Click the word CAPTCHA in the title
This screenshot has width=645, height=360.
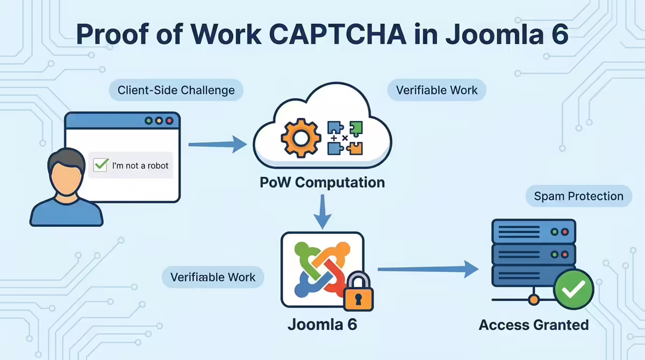pyautogui.click(x=338, y=34)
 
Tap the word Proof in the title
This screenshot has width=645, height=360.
pyautogui.click(x=112, y=34)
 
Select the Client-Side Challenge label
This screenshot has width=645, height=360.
pyautogui.click(x=176, y=90)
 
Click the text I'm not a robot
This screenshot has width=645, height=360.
pyautogui.click(x=140, y=165)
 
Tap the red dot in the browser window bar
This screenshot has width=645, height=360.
pyautogui.click(x=170, y=121)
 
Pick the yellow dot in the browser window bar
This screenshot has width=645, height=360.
pyautogui.click(x=159, y=121)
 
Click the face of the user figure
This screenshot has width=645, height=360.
pyautogui.click(x=66, y=178)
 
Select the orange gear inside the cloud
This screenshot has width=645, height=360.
pyautogui.click(x=301, y=138)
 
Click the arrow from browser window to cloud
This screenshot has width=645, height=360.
pyautogui.click(x=217, y=144)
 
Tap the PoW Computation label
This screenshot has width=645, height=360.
pyautogui.click(x=322, y=183)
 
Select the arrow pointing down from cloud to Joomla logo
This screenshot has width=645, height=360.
pyautogui.click(x=322, y=212)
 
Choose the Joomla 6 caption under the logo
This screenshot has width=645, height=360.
pyautogui.click(x=322, y=325)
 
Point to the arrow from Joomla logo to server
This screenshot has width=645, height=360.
pyautogui.click(x=428, y=269)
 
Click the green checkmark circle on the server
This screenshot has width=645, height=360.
pyautogui.click(x=574, y=289)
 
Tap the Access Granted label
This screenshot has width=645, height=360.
pyautogui.click(x=534, y=325)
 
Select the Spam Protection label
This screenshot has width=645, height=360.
pyautogui.click(x=579, y=196)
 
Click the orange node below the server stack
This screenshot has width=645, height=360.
pyautogui.click(x=534, y=300)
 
